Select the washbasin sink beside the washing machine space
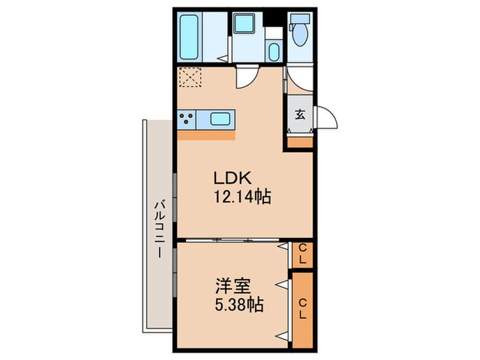click(273, 51)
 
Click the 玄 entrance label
click(300, 115)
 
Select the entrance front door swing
click(326, 117)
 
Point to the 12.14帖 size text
click(242, 197)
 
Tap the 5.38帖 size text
click(239, 304)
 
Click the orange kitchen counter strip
click(206, 134)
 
